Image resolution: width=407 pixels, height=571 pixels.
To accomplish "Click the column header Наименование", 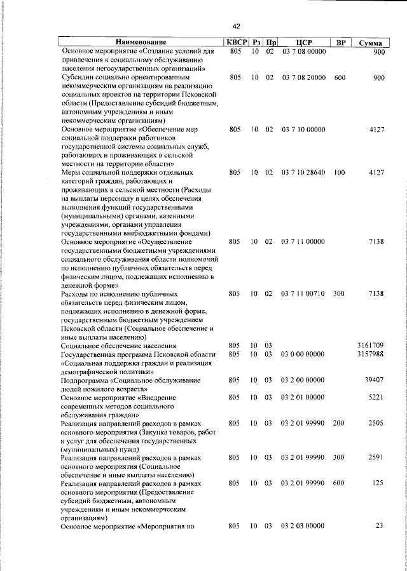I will tap(141, 42).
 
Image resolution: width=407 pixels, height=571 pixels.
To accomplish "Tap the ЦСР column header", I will tap(303, 42).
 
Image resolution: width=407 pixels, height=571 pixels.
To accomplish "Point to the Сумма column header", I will tap(369, 43).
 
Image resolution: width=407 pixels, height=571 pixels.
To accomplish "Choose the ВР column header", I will tap(340, 42).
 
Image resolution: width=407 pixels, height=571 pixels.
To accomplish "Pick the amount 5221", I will tap(375, 397).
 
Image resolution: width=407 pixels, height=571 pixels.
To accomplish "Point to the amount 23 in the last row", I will tap(379, 526).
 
